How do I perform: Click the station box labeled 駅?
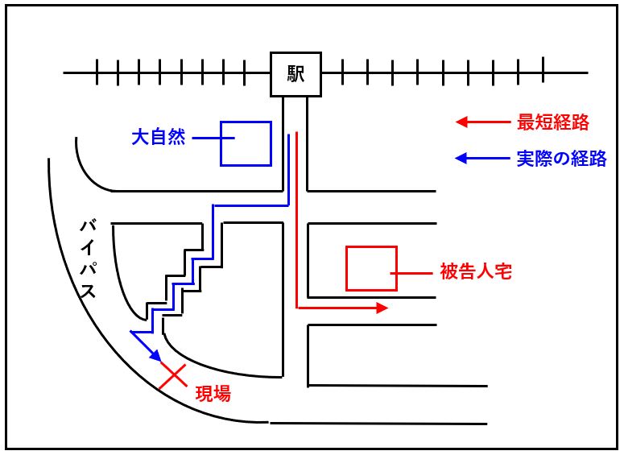(x=295, y=74)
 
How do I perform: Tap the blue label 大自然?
(x=159, y=138)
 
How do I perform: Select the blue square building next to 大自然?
(x=246, y=143)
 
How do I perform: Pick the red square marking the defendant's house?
(x=371, y=268)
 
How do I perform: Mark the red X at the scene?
(x=172, y=376)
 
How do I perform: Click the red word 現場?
(x=213, y=394)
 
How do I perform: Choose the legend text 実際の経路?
(x=560, y=159)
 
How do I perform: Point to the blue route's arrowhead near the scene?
(x=158, y=358)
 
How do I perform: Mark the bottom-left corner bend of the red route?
(x=298, y=307)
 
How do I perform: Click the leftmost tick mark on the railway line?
(x=96, y=72)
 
